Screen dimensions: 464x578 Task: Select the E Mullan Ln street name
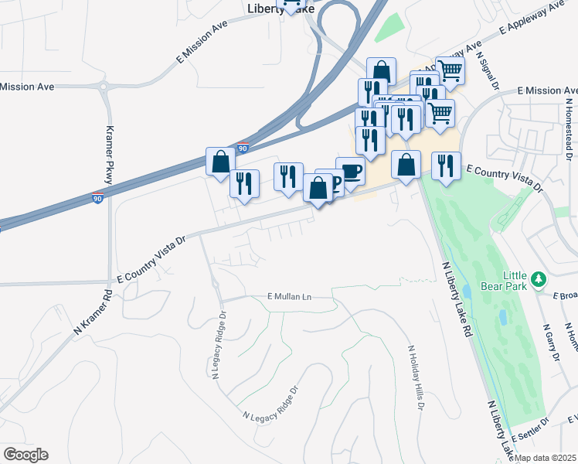click(x=288, y=296)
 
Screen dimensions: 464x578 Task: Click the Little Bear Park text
click(x=525, y=281)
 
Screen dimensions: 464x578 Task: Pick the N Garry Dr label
click(x=552, y=341)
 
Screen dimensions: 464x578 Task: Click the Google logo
click(x=25, y=455)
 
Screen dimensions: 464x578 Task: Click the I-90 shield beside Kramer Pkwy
click(x=97, y=197)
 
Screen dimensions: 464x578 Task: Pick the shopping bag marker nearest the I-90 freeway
click(x=220, y=161)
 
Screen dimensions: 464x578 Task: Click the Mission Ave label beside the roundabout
click(x=28, y=87)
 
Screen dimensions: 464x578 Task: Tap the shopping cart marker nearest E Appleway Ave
click(x=450, y=70)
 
